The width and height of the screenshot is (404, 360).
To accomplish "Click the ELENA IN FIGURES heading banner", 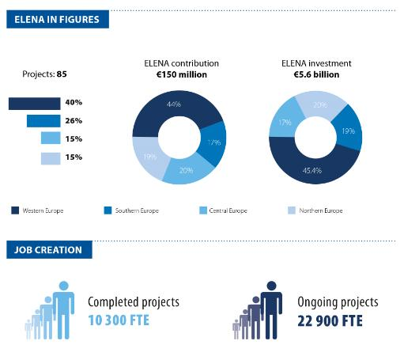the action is point(58,19).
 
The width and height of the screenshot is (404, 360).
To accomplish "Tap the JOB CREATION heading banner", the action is point(49,249).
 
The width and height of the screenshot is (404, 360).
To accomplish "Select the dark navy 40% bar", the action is point(35,104).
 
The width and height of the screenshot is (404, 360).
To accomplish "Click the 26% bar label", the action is point(74,121).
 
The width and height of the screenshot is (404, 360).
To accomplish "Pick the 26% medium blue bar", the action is point(43,121).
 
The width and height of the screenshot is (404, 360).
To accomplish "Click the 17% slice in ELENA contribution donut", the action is point(213,143).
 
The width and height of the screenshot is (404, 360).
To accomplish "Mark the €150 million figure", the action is point(182,74).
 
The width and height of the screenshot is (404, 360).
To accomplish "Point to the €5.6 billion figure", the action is point(316,74).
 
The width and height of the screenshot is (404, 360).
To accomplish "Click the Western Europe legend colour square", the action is point(15,210).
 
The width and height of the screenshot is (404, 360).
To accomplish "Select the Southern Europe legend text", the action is point(137,210).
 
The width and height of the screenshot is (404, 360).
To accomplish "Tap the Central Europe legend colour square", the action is point(203,210).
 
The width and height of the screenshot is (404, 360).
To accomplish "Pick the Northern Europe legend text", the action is point(321,210).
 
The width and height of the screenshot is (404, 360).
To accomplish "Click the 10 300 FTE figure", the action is point(119,320).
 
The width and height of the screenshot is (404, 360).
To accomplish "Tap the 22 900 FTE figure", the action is point(330,321).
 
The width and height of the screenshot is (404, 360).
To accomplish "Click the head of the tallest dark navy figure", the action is point(271,286).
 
